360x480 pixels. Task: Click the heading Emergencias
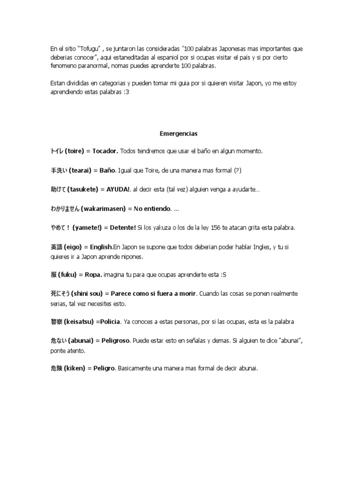click(x=179, y=134)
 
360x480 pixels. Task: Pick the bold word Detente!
click(x=123, y=227)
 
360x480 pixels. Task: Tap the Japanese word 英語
click(x=56, y=247)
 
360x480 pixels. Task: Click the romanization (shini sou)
click(x=88, y=293)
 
